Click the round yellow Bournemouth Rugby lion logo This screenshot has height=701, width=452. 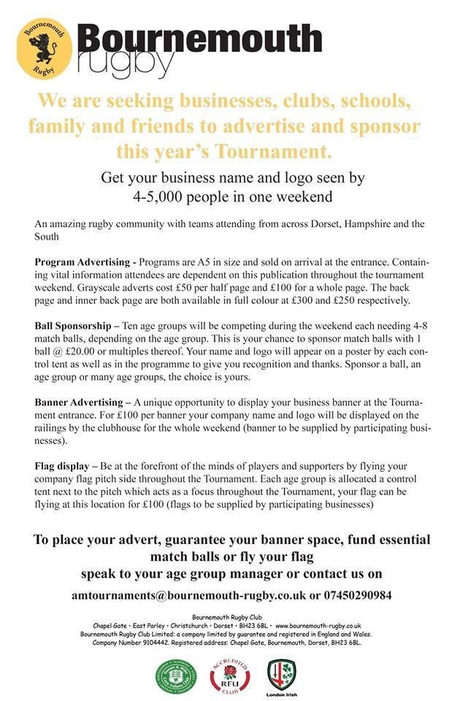click(45, 48)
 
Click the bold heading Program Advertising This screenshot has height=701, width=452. click(78, 261)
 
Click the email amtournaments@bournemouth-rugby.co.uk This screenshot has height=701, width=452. click(188, 595)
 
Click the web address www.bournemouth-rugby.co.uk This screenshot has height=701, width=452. click(318, 626)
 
